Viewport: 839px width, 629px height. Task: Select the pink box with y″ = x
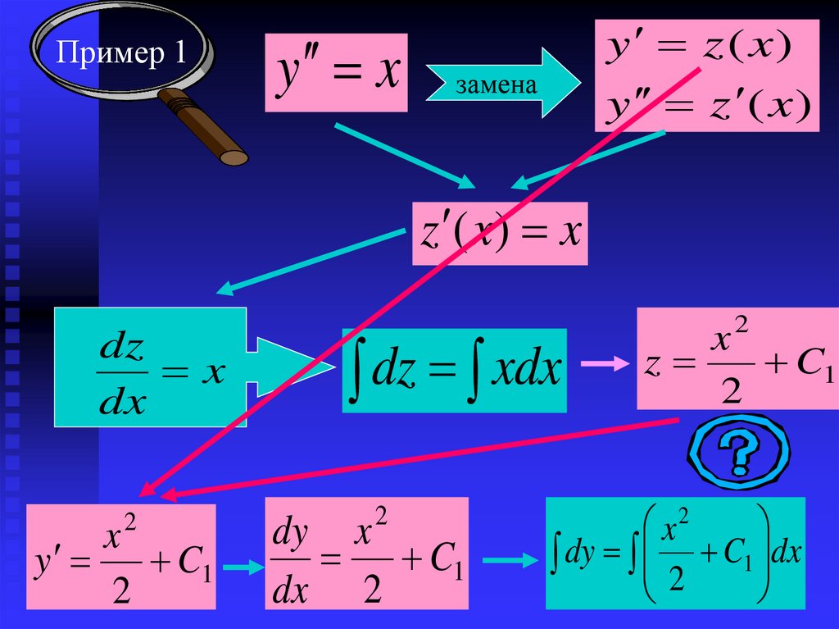[336, 73]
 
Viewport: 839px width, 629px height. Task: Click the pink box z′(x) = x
[499, 234]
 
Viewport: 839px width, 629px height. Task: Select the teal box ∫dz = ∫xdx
[454, 369]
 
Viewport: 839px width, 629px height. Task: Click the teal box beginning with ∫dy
[675, 552]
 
